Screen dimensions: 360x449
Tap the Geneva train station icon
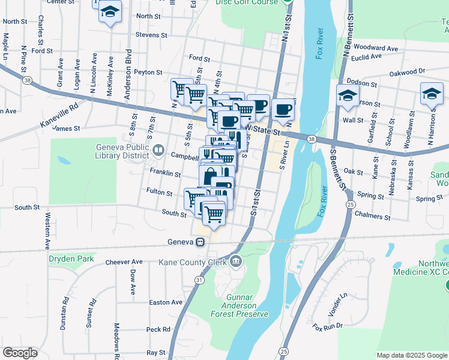200,242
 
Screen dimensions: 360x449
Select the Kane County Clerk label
191,262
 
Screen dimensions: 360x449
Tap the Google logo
20,353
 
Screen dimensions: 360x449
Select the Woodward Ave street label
376,47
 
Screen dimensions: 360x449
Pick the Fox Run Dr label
327,326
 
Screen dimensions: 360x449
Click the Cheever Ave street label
124,262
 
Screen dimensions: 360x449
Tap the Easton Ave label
165,302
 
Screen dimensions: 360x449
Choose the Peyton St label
148,72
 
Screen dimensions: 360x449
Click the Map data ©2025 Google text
411,355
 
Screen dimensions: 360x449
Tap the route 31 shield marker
199,280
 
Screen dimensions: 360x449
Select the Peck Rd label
158,329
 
